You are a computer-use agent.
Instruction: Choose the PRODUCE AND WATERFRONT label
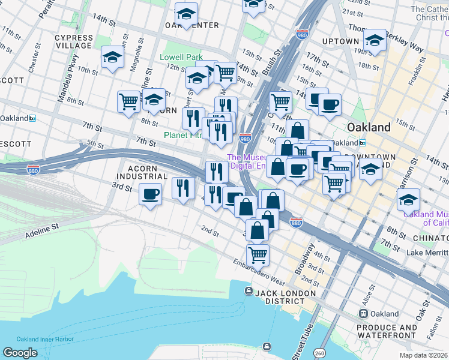(x=387, y=332)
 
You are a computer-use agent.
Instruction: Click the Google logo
(x=20, y=353)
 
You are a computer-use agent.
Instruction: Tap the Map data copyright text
(x=424, y=355)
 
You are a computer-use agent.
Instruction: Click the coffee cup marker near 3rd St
(x=150, y=194)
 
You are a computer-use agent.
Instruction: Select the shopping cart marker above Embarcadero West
(x=258, y=254)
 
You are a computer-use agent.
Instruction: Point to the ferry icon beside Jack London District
(x=248, y=291)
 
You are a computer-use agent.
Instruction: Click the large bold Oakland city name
(x=369, y=127)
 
